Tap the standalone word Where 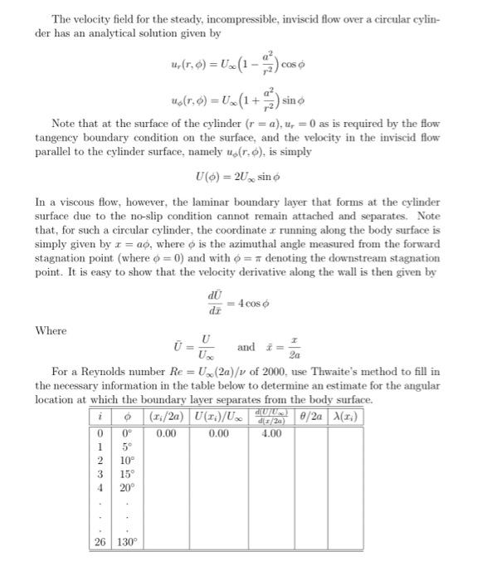[x=51, y=330]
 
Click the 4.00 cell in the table [x=271, y=432]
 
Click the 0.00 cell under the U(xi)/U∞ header [x=219, y=432]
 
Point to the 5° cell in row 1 [x=126, y=446]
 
